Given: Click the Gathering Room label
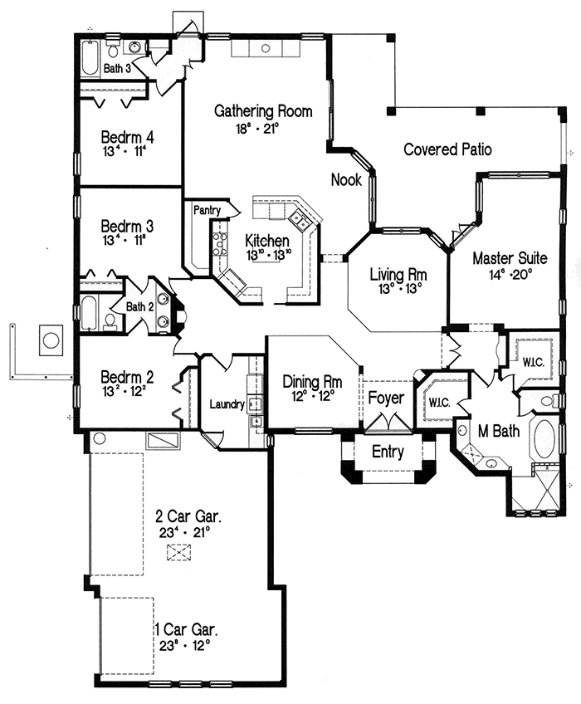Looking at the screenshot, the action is pyautogui.click(x=263, y=111).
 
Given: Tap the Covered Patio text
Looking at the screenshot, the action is pyautogui.click(x=447, y=149).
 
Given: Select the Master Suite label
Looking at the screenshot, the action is pyautogui.click(x=510, y=258).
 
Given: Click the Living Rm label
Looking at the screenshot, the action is pyautogui.click(x=398, y=274).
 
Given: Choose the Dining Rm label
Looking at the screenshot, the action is pyautogui.click(x=313, y=382).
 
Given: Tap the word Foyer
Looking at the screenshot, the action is pyautogui.click(x=386, y=398).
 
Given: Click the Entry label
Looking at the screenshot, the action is pyautogui.click(x=388, y=452).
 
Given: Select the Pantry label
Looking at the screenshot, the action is pyautogui.click(x=207, y=210).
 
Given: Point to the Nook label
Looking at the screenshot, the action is pyautogui.click(x=346, y=179).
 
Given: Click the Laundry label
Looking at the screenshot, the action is pyautogui.click(x=227, y=404).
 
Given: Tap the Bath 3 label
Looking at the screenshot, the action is pyautogui.click(x=117, y=68).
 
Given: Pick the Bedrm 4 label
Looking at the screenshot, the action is pyautogui.click(x=128, y=137).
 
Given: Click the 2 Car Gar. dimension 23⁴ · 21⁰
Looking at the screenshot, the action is pyautogui.click(x=185, y=532).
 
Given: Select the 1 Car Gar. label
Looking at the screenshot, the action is pyautogui.click(x=187, y=629).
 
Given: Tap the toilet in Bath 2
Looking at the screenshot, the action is pyautogui.click(x=110, y=320).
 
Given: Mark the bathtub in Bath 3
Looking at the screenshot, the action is pyautogui.click(x=90, y=58).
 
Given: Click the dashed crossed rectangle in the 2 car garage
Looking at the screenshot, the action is pyautogui.click(x=179, y=552).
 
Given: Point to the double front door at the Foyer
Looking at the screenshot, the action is pyautogui.click(x=388, y=423).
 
